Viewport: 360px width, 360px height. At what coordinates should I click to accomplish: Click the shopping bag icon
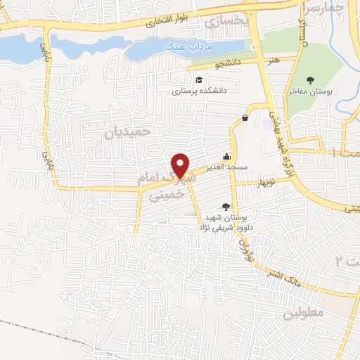click(245, 117)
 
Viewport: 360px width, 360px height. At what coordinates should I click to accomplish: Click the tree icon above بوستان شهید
click(226, 206)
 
